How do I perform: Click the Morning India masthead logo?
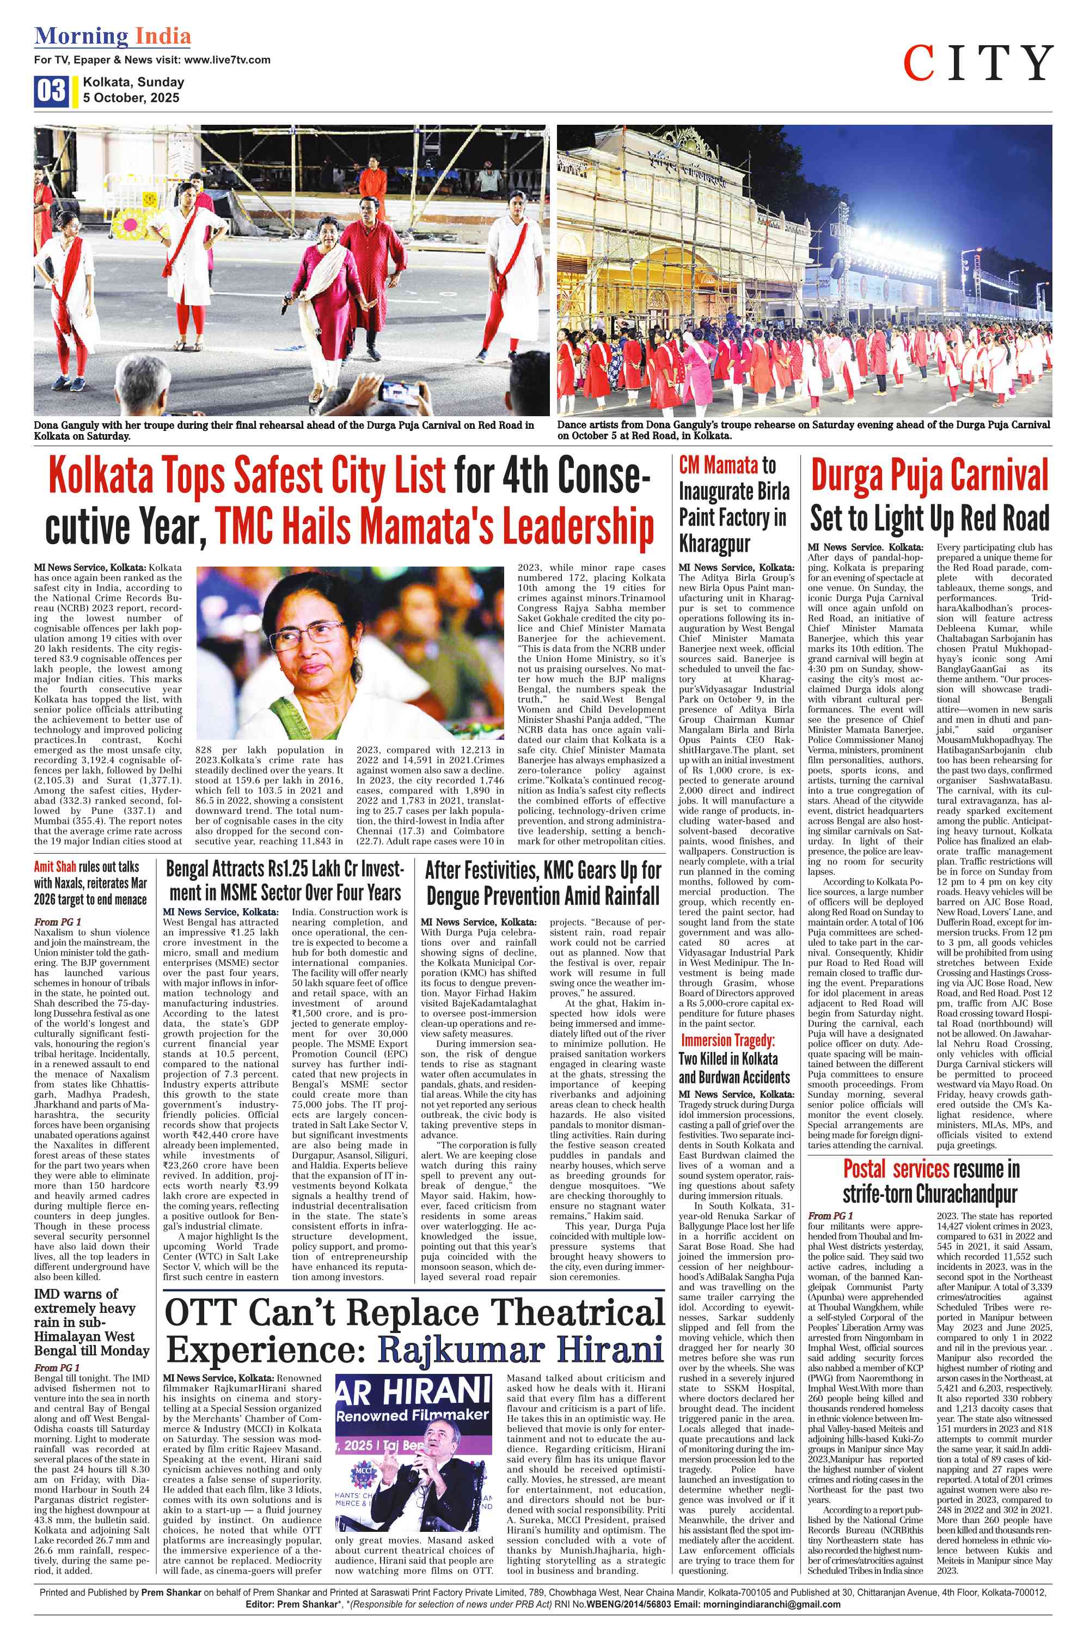(x=113, y=36)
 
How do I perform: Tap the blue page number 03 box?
(x=51, y=90)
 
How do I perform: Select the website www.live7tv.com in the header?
(x=226, y=60)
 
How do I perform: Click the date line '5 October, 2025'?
(x=131, y=98)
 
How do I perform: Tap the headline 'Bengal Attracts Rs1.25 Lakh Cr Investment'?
(x=284, y=881)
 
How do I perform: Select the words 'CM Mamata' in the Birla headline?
(x=718, y=465)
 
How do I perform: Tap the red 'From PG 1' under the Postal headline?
(x=831, y=1215)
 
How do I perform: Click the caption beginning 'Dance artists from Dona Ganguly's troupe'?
(x=803, y=430)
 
